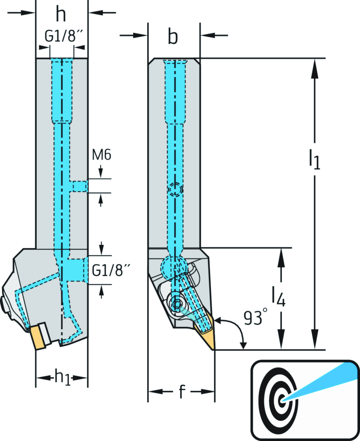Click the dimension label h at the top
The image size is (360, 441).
coord(61,15)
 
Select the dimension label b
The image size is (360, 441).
coord(173,37)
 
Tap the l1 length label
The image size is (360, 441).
coord(314,159)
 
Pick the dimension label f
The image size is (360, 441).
coord(181,391)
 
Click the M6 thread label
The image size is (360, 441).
coord(102,155)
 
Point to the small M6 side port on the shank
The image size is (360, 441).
coord(80,186)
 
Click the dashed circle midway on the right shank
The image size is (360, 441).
coord(175,190)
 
